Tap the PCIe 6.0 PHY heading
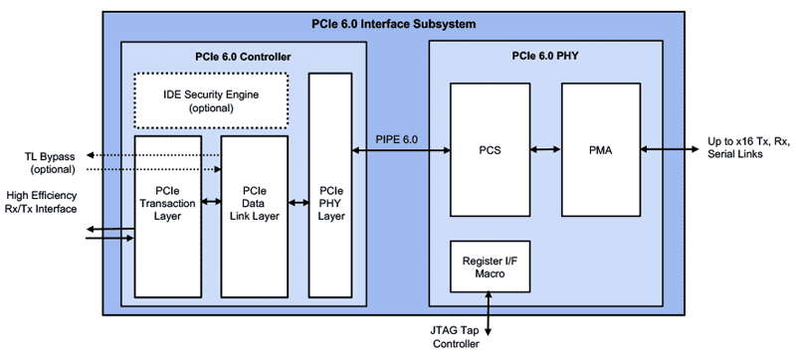coord(545,57)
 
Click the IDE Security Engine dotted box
coord(210,100)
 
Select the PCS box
coord(489,151)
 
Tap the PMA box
coord(599,151)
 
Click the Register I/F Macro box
coord(489,266)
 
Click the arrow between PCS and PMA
coord(544,151)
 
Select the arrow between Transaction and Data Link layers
coord(210,202)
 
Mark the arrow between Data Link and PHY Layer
coord(298,202)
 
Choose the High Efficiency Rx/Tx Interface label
coord(41,201)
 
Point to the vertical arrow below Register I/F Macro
coord(488,309)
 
